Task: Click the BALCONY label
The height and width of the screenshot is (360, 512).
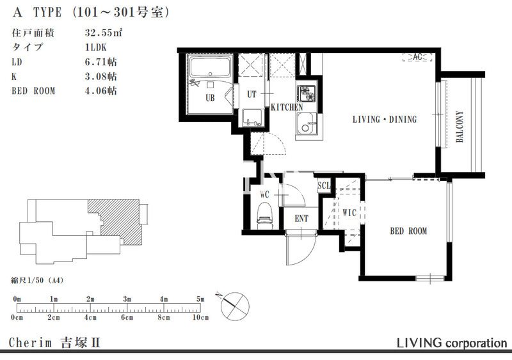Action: [x=460, y=127]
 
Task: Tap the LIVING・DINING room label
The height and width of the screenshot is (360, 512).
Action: [x=385, y=120]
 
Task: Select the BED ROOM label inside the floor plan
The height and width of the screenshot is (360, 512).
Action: [x=408, y=231]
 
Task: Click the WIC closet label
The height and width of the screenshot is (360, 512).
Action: [x=349, y=213]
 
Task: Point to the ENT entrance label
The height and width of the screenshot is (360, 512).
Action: [x=301, y=218]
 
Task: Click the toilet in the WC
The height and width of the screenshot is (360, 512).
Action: [x=265, y=214]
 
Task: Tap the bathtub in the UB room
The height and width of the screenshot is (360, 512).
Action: [x=211, y=67]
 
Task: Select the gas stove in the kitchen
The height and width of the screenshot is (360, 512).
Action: [x=307, y=93]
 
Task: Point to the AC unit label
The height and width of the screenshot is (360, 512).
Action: [x=417, y=57]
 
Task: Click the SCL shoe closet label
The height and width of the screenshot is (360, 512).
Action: [x=324, y=185]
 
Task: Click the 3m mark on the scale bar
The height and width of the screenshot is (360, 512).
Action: [x=127, y=299]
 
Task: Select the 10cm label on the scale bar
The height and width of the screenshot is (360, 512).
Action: [x=200, y=317]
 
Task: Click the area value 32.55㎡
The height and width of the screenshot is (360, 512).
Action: [x=104, y=33]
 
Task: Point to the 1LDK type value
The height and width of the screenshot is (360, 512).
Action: [x=95, y=47]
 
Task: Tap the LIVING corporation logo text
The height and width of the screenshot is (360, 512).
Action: [x=452, y=343]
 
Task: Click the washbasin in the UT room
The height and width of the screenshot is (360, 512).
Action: [x=252, y=118]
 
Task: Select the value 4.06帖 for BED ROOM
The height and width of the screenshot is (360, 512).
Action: [x=100, y=90]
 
